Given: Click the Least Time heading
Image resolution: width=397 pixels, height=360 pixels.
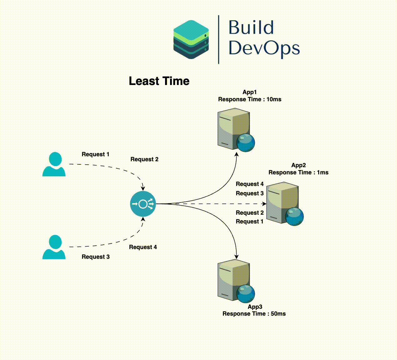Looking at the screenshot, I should click(159, 81).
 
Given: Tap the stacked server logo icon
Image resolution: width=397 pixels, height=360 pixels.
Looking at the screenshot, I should click(191, 40).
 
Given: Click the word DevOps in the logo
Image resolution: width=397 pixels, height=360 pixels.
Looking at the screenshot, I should click(264, 48).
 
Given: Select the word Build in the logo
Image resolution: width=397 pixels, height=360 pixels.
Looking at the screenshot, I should click(251, 27).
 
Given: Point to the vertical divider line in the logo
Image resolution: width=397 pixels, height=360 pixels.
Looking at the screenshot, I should click(219, 40).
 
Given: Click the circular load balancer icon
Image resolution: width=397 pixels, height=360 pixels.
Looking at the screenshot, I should click(143, 204).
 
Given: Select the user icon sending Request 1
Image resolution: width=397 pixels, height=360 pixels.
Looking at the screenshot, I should click(54, 164).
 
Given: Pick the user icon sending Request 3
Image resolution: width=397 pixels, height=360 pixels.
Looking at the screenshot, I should click(54, 247).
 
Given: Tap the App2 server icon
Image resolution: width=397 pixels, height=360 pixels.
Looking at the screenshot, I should click(283, 202).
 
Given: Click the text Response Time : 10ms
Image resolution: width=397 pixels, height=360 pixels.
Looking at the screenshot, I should click(250, 99).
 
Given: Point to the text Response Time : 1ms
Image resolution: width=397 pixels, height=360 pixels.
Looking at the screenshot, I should click(299, 172).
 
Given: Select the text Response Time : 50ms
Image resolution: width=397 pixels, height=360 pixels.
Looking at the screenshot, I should click(254, 314).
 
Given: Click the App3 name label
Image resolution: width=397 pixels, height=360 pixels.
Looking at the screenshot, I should click(255, 307).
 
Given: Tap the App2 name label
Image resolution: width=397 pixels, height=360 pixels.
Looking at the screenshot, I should click(299, 165).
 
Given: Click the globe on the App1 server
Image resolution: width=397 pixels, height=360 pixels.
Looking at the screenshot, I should click(246, 143).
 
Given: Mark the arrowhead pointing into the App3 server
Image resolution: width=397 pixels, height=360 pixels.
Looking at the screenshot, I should click(236, 257).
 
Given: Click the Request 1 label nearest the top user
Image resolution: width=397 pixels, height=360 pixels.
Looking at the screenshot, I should click(96, 154).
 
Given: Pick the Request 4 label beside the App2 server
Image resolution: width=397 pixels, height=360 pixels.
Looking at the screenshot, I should click(250, 184).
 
